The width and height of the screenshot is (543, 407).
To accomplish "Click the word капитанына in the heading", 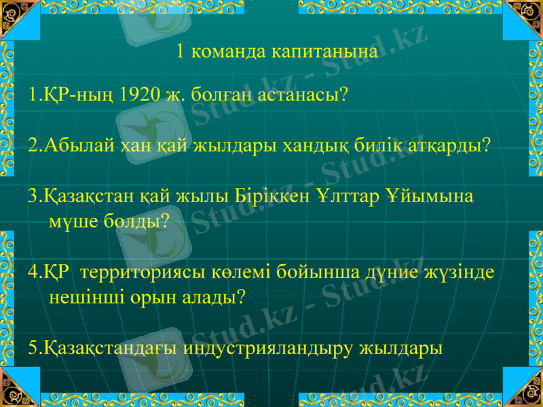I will [x=324, y=52].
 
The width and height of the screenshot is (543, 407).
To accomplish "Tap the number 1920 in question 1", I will [x=141, y=94].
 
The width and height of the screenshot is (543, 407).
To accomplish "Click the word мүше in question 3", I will [x=73, y=220].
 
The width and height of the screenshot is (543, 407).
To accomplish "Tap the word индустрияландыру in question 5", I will [x=264, y=349].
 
